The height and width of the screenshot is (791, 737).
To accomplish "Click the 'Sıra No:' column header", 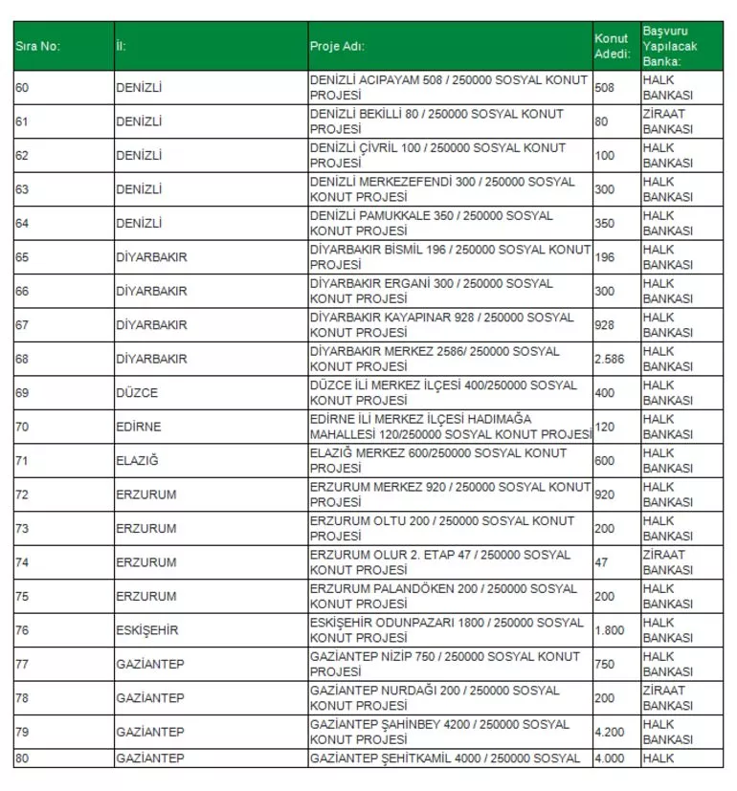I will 38,47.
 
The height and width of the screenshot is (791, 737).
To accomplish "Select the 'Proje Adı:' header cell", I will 337,47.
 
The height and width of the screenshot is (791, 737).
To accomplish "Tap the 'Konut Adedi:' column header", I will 612,46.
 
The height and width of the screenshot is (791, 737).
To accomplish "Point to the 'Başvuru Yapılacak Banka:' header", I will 668,46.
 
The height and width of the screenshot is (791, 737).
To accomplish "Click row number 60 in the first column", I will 22,88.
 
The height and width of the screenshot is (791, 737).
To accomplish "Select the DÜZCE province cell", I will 137,393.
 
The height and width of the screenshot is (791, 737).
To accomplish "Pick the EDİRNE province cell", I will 139,427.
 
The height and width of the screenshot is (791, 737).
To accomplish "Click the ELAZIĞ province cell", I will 137,461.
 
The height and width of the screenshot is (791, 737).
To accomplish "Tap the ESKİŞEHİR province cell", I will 147,630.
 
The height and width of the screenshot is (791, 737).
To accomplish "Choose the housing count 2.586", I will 610,360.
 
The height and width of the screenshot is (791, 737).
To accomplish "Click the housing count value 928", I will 605,325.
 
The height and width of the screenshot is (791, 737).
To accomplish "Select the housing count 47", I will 601,562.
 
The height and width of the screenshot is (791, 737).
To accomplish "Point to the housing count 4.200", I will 610,732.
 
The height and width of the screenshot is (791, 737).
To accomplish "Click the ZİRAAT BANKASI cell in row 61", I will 667,121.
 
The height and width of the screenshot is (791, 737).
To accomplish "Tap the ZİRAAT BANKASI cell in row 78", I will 667,698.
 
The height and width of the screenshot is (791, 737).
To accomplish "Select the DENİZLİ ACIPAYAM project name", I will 449,88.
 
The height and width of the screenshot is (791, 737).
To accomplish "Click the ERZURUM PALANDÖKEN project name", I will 444,596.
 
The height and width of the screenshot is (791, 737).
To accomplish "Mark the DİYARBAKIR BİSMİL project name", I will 450,257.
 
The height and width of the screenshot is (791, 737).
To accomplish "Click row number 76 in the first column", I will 22,630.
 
